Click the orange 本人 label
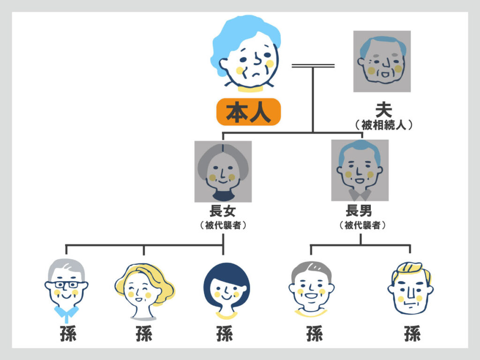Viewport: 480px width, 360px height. coord(248,112)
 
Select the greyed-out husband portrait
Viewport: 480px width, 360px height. coord(382,61)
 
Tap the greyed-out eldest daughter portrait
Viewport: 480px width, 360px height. coord(223,172)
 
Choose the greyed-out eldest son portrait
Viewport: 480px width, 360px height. coord(360,170)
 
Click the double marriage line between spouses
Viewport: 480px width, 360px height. coord(313,66)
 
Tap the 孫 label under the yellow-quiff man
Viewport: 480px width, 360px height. coord(412,334)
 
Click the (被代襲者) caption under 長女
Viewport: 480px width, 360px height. coord(223,225)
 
